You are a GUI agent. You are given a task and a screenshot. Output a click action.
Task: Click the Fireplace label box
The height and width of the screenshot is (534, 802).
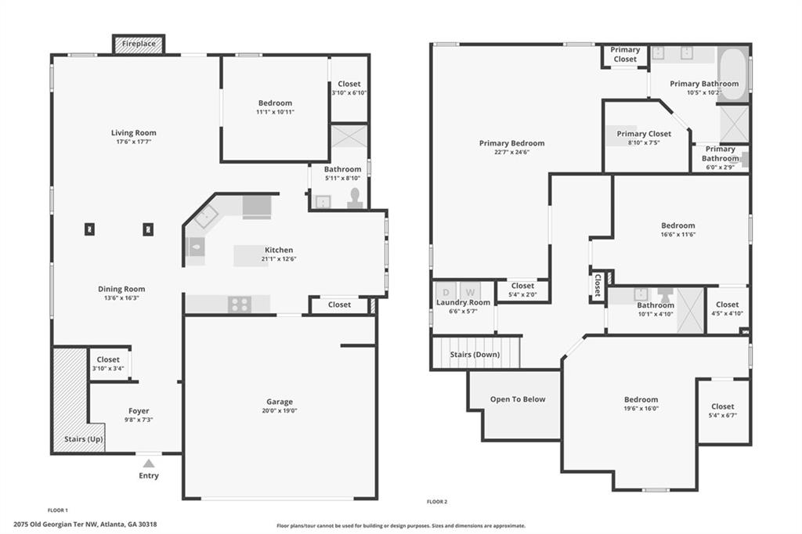[x=139, y=44]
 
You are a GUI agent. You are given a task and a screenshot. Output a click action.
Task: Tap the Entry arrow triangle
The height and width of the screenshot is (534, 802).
[x=149, y=464]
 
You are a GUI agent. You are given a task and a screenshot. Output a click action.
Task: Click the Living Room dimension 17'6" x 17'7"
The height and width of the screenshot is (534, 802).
[x=133, y=142]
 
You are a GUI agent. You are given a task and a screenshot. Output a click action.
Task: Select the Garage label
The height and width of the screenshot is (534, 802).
[x=280, y=402]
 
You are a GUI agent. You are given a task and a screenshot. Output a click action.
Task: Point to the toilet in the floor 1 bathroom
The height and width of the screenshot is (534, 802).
[x=355, y=198]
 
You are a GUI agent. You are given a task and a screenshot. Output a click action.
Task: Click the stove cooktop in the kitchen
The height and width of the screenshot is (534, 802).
[x=240, y=305]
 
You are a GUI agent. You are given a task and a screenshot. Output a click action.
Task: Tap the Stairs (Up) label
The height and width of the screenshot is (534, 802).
[x=83, y=438]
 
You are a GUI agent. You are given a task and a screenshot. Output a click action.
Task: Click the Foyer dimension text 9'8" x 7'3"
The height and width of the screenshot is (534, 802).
[x=139, y=420]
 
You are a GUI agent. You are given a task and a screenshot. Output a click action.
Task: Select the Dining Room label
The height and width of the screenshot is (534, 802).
[x=121, y=289]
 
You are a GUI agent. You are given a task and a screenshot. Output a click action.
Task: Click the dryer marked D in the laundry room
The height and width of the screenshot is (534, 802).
[x=446, y=292]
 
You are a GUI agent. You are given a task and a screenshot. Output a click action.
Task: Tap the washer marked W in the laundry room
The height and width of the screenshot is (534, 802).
[x=470, y=292]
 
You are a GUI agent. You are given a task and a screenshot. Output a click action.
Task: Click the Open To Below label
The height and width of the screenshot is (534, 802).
[x=518, y=399]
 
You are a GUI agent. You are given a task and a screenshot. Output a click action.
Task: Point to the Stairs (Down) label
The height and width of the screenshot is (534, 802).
[x=475, y=355]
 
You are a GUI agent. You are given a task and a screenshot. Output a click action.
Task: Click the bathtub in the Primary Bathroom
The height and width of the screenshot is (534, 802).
[x=732, y=74]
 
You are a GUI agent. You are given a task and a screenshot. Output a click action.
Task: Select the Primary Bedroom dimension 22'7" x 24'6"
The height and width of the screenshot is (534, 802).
[x=511, y=153]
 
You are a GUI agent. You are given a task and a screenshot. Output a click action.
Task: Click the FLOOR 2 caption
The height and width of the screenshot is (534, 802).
[x=437, y=502]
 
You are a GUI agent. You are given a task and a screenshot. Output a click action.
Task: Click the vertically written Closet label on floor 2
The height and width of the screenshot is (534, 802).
[x=597, y=286]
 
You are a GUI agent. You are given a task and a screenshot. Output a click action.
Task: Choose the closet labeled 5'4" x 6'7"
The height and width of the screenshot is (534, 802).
[x=722, y=411]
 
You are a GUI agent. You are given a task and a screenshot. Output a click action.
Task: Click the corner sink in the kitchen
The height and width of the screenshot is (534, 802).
[x=206, y=217]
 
